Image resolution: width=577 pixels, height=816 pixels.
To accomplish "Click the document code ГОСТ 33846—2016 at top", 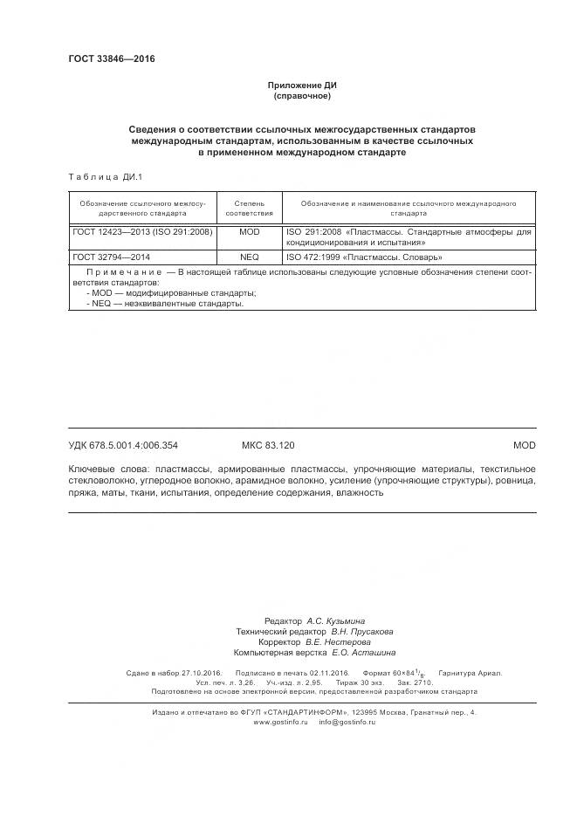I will [111, 59].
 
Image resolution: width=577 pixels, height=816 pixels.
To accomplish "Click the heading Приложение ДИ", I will [301, 86].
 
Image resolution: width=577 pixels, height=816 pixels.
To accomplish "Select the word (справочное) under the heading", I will [301, 96].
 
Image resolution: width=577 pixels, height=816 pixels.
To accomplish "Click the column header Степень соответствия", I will [250, 208].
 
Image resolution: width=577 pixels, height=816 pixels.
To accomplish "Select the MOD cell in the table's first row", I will [250, 233].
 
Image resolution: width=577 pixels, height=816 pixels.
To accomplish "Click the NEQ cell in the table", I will [250, 257].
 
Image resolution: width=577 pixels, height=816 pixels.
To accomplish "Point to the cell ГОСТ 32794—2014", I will [112, 257].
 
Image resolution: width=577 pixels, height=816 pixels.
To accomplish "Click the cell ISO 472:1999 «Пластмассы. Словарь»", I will [363, 257].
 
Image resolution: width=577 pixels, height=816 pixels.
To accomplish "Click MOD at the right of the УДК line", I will [524, 445].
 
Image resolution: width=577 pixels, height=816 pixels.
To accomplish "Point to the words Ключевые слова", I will [107, 470].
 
